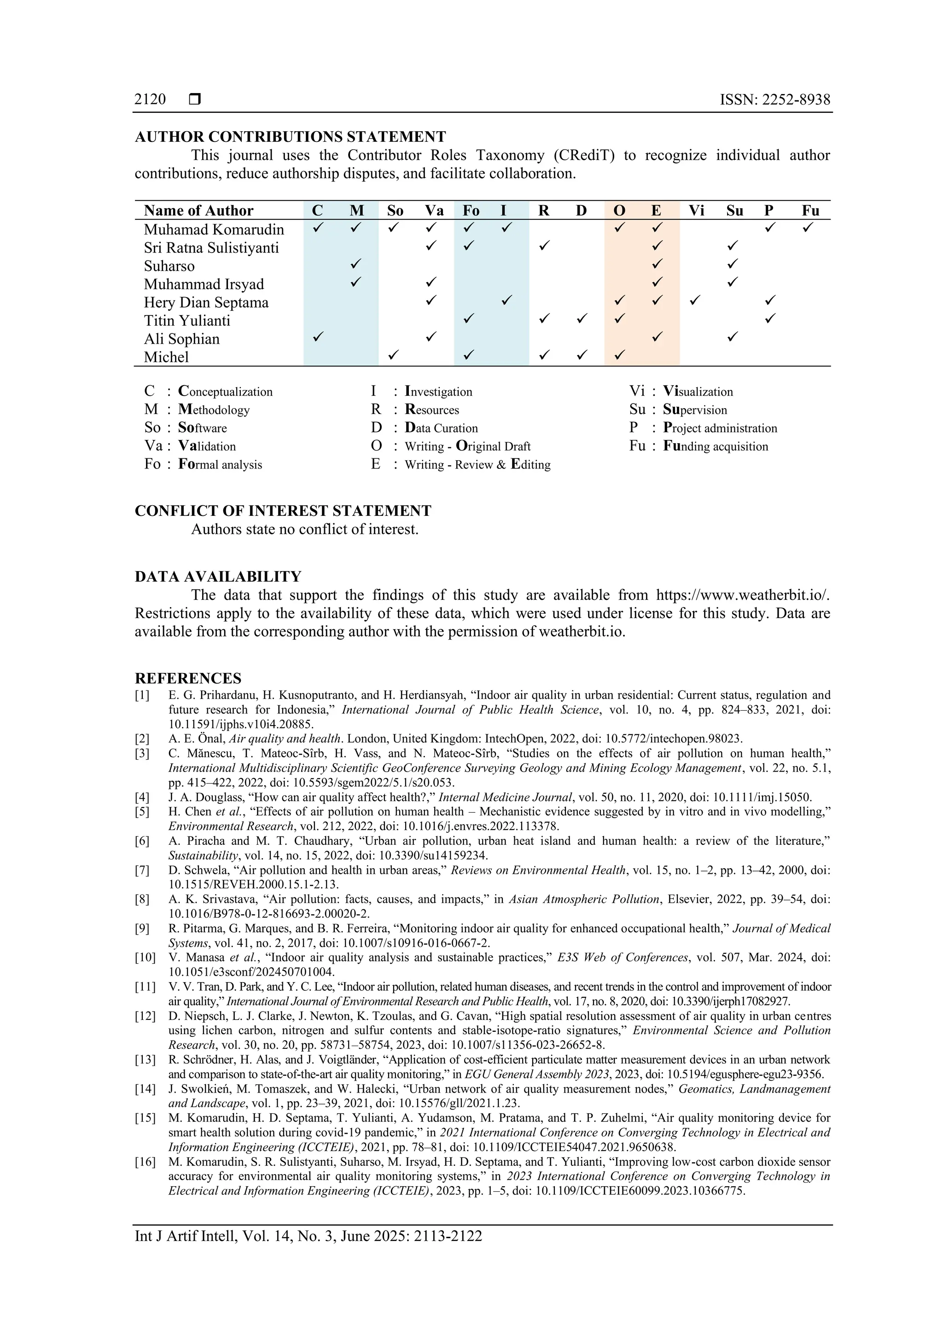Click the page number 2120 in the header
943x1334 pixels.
[x=150, y=99]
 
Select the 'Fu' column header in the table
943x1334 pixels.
[x=810, y=211]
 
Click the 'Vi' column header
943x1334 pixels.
[x=696, y=211]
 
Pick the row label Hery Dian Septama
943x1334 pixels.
[x=206, y=303]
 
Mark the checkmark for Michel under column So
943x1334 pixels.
[x=393, y=354]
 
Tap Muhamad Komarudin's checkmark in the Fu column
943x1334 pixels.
[x=808, y=227]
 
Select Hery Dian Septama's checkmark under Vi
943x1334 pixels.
[x=694, y=300]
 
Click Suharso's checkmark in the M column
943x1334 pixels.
[x=356, y=264]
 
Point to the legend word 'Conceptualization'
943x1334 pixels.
[x=225, y=392]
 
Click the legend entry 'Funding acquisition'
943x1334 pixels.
[x=716, y=446]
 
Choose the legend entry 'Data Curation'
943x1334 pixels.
[x=441, y=428]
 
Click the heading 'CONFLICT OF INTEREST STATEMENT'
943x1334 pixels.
[x=283, y=511]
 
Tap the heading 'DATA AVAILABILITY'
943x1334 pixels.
[x=218, y=576]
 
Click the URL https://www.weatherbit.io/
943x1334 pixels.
[x=743, y=595]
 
